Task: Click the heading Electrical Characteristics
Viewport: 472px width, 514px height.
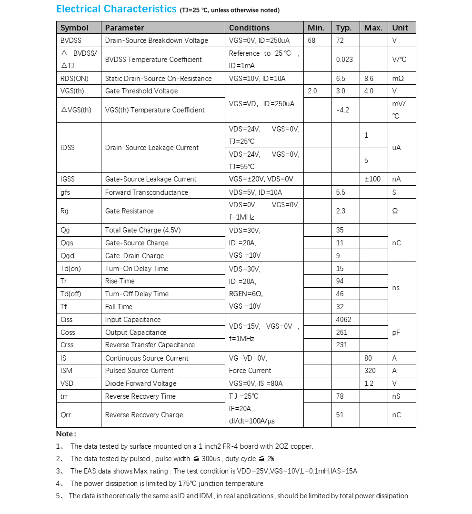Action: pos(116,9)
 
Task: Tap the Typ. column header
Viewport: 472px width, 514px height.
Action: pos(343,28)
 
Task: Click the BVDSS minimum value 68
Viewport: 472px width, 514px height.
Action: pos(311,40)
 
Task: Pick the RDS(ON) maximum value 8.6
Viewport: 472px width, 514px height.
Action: pos(369,79)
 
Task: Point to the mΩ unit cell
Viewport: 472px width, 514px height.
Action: pos(397,79)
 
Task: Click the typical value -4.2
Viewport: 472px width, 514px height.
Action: pos(342,110)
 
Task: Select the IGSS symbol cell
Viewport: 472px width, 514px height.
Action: pos(68,179)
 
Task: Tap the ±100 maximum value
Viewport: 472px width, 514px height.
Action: pos(372,179)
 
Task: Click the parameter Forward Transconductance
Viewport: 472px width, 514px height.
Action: pos(146,192)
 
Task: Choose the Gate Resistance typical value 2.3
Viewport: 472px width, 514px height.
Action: pos(341,211)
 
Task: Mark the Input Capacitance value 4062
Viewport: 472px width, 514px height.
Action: pos(344,320)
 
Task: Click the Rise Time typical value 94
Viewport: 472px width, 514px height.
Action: pos(340,281)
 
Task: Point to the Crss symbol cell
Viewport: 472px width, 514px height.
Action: pos(67,345)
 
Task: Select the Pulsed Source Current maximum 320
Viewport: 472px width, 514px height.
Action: pos(370,371)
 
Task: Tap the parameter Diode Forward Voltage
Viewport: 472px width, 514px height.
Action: pos(141,383)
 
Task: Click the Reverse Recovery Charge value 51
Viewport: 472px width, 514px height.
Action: pos(340,415)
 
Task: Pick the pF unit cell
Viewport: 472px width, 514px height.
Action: pos(396,333)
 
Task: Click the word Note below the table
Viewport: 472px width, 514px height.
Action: pos(65,434)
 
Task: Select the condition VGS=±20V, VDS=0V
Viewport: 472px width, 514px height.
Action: pos(261,179)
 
